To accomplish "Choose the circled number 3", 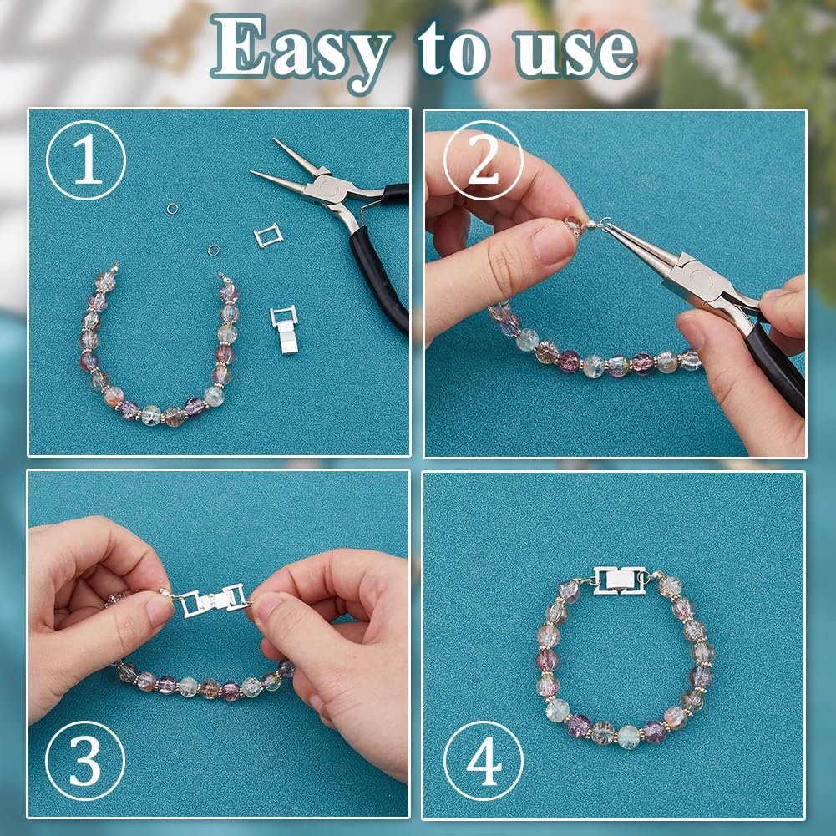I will click(85, 761).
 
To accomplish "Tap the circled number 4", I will click(484, 761).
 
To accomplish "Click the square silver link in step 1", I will click(268, 235).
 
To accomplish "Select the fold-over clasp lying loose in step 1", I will click(284, 330).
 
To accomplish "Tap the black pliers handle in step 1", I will click(380, 267).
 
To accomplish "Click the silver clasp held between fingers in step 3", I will click(213, 599).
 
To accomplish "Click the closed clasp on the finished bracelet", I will click(619, 580).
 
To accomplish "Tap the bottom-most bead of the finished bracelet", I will click(627, 737).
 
